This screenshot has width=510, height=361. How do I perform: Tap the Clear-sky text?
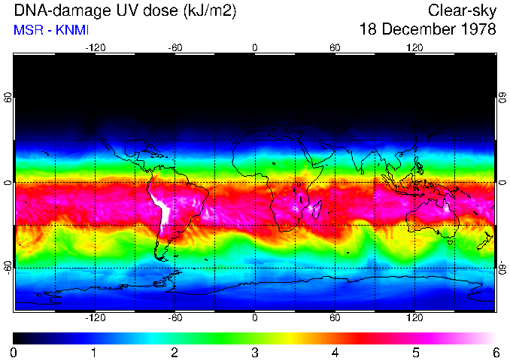coord(462,11)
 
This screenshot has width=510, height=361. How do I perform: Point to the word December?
coord(417,30)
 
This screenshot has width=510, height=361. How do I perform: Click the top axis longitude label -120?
coord(95,47)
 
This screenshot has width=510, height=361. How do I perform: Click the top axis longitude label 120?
coord(414,47)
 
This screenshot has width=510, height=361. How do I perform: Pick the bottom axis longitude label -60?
coord(175,317)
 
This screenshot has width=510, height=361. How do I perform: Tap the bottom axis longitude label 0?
coord(255,317)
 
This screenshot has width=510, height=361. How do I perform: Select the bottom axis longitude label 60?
coord(335,317)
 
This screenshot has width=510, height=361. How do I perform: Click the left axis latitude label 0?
coord(8,183)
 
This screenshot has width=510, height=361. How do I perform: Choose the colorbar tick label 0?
coord(14,352)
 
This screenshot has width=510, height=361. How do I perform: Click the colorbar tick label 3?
coord(255,352)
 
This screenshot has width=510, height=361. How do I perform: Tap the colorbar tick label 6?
coord(495,352)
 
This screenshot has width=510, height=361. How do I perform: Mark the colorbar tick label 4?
coord(335,352)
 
